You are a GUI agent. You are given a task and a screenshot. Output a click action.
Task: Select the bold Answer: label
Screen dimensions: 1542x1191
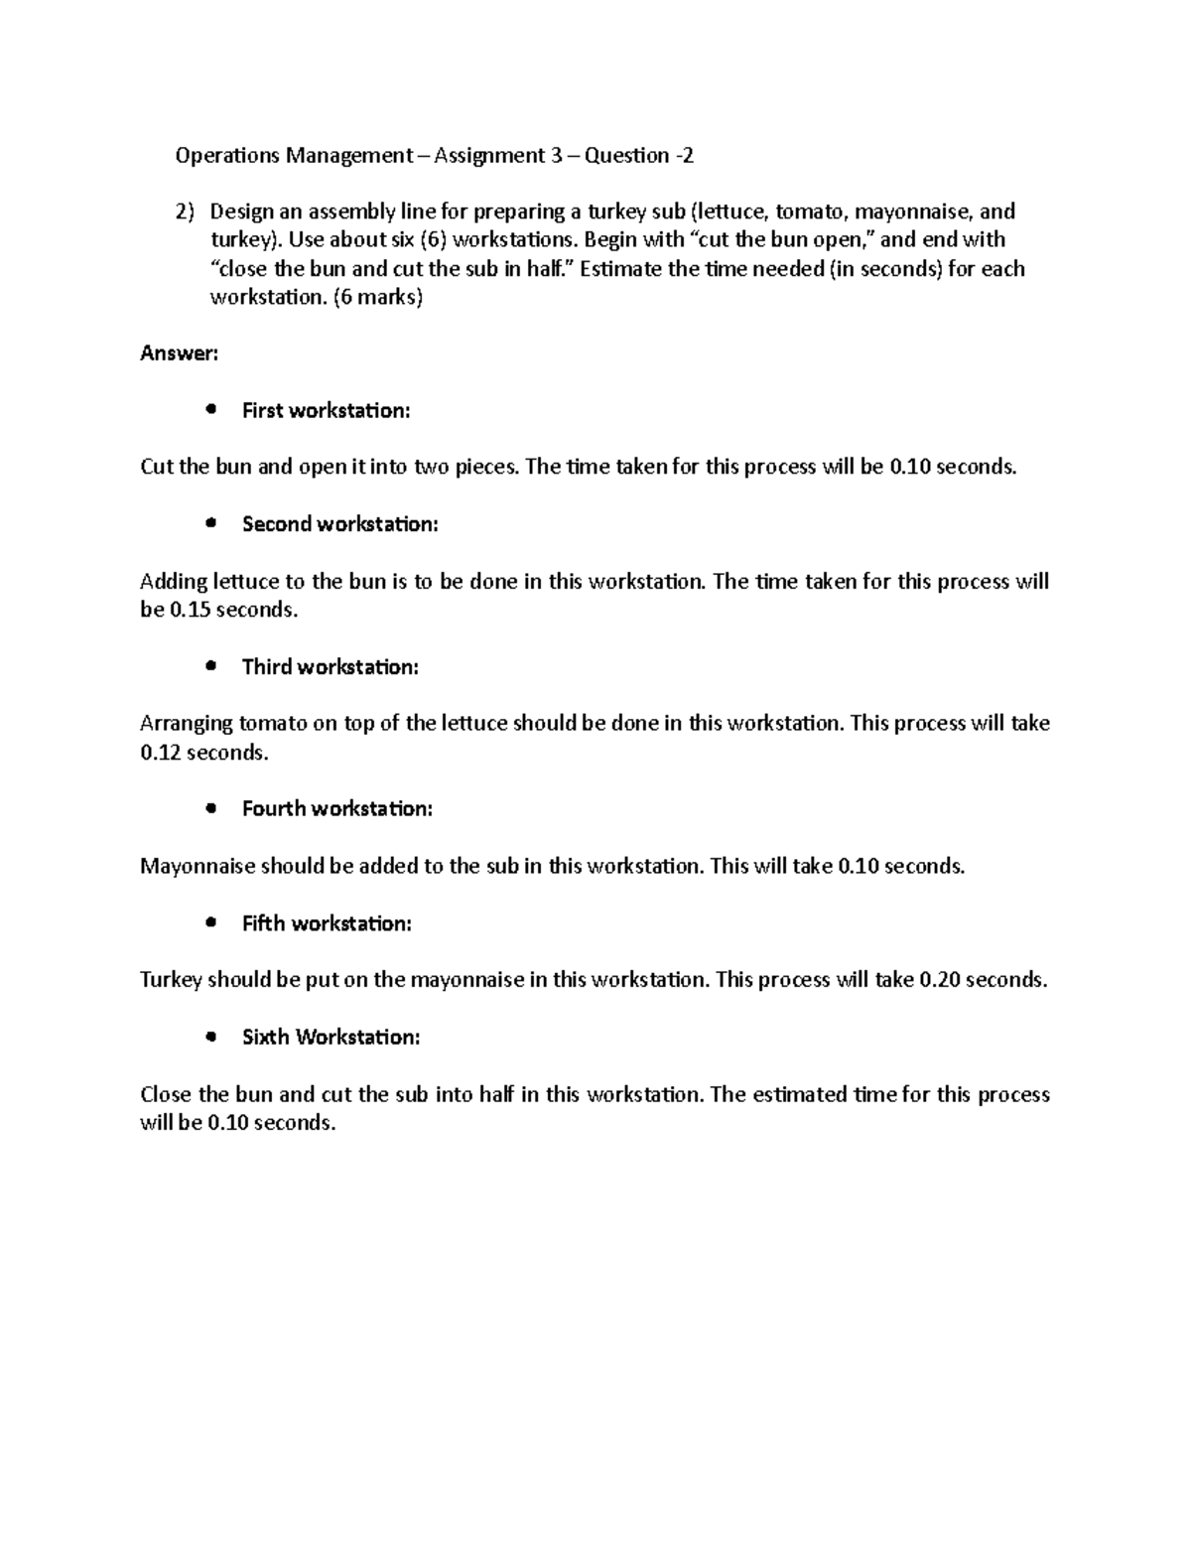coord(179,353)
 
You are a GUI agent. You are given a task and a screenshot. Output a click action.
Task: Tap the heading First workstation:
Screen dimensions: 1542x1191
coord(326,410)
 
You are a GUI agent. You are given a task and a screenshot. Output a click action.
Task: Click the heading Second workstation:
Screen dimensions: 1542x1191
coord(339,524)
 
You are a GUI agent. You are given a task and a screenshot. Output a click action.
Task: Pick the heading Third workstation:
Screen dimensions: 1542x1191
coord(330,666)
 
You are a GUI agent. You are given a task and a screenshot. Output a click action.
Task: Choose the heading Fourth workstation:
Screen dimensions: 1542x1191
coord(336,808)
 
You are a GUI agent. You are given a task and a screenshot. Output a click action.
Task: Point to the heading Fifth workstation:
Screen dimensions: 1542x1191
coord(326,923)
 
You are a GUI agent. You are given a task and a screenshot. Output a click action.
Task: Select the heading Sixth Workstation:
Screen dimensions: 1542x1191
coord(331,1037)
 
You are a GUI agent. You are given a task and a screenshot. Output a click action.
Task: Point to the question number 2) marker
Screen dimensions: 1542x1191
coord(186,211)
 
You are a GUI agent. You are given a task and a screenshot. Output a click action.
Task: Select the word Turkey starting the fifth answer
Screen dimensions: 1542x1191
coord(171,980)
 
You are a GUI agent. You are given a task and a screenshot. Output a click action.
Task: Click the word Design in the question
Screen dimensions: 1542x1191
coord(239,211)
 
